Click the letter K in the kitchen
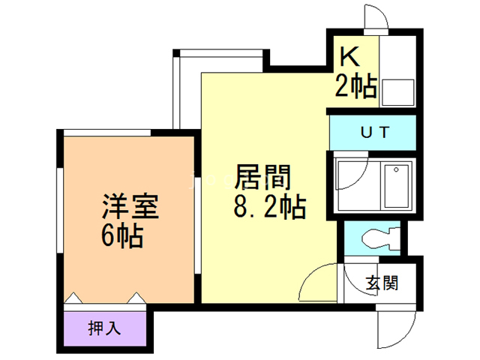[x=348, y=58]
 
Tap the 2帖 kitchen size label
[x=355, y=87]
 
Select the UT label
[x=374, y=133]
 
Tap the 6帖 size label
[x=122, y=236]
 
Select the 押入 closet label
[x=105, y=328]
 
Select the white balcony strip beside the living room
[x=187, y=90]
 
